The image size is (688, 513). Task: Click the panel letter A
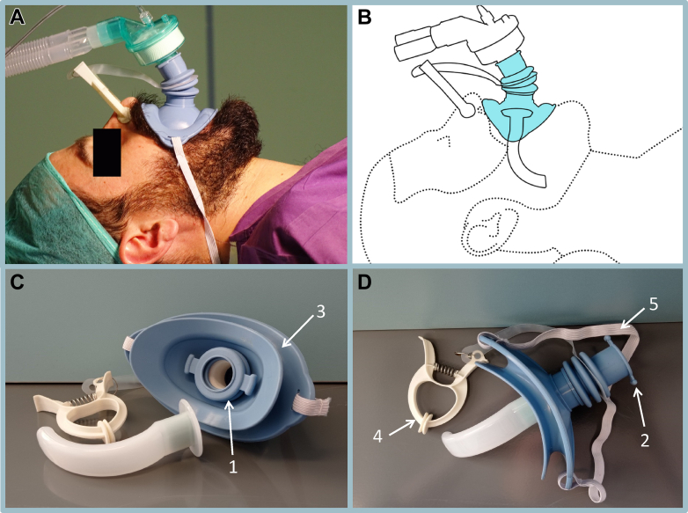(x=17, y=17)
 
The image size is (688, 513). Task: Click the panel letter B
(x=364, y=17)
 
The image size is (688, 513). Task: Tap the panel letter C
(x=17, y=282)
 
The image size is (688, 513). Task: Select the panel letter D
(x=364, y=282)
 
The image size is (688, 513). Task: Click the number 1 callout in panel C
(x=233, y=466)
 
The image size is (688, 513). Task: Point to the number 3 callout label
(x=321, y=311)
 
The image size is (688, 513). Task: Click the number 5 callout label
(x=654, y=304)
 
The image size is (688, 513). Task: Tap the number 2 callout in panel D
(x=645, y=440)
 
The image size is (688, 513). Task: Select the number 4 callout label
(x=377, y=436)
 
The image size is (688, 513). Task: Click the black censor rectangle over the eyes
(x=107, y=152)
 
